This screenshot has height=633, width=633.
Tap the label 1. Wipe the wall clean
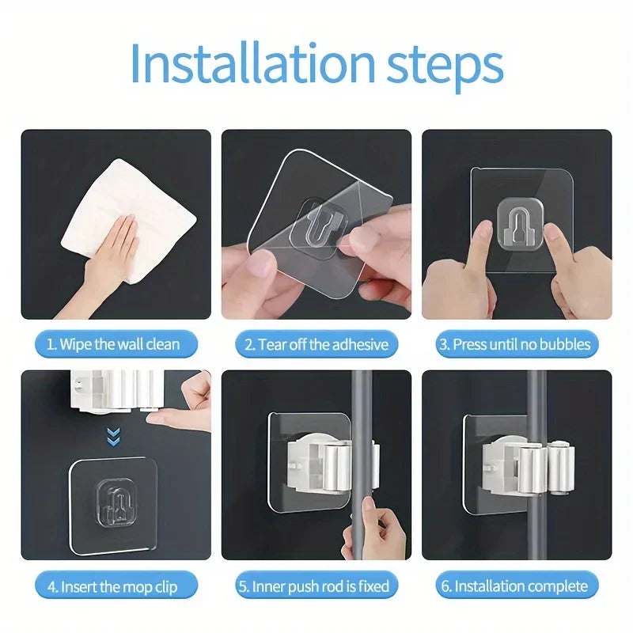[x=113, y=344]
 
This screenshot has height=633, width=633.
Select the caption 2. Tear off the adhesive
[x=316, y=344]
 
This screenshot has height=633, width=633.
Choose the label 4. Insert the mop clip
[x=113, y=586]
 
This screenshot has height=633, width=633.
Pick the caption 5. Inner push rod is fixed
[x=316, y=586]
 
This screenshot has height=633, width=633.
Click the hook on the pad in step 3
[x=517, y=226]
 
